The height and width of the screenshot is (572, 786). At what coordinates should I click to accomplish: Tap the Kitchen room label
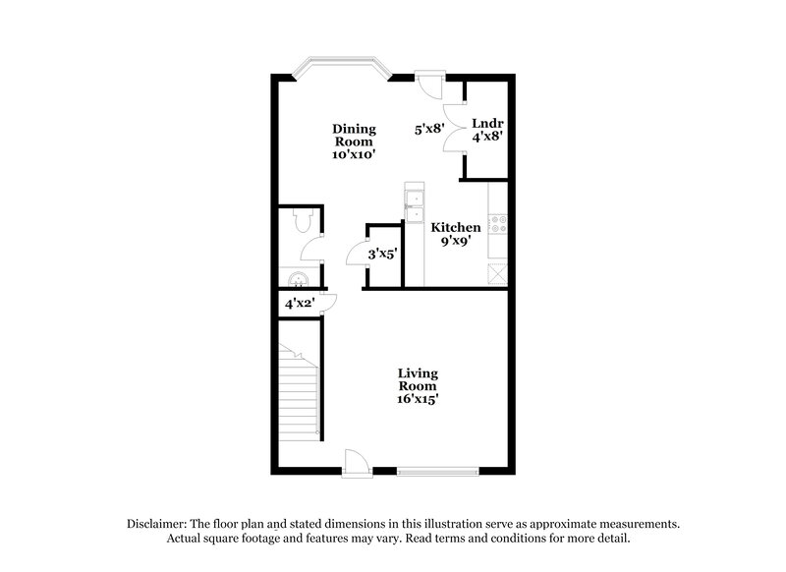pos(457,228)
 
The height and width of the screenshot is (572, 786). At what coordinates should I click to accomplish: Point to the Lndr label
pos(487,124)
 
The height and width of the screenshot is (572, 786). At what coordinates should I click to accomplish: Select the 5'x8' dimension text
pos(430,128)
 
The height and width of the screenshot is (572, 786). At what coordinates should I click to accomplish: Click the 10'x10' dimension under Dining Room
pos(355,154)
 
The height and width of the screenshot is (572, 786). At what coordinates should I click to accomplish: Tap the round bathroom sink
pos(298,276)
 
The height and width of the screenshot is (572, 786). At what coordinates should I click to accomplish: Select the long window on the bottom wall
pos(439,471)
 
